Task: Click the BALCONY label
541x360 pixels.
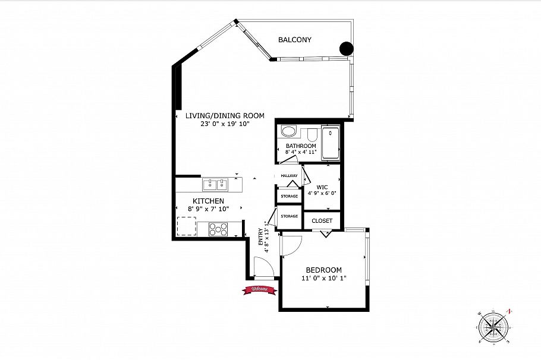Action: [x=295, y=40]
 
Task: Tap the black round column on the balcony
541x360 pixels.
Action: [x=346, y=49]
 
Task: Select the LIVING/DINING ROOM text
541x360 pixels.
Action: [x=224, y=116]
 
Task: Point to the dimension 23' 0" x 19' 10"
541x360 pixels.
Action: [x=224, y=124]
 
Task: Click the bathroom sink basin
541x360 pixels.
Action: [x=288, y=132]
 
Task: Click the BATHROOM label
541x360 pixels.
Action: [x=301, y=146]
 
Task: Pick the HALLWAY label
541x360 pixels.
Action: [x=289, y=176]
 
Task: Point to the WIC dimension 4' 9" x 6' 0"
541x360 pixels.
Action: [x=322, y=193]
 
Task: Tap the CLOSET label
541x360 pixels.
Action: [x=322, y=221]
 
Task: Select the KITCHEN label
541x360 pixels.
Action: [x=208, y=201]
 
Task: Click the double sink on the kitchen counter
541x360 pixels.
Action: [x=216, y=184]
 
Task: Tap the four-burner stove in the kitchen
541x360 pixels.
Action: [x=218, y=228]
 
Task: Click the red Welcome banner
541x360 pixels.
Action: [x=258, y=289]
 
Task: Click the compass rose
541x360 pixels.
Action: [x=494, y=326]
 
